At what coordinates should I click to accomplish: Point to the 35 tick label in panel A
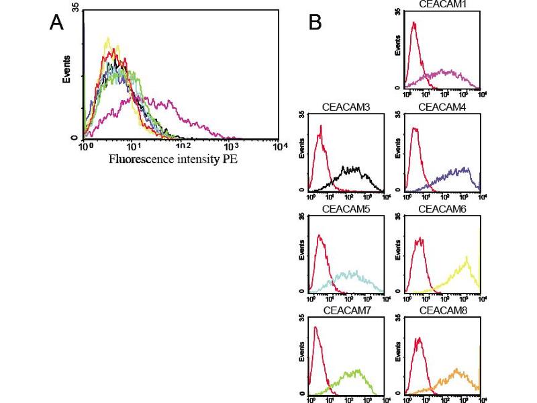(x=75, y=6)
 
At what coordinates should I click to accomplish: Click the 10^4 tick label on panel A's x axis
(x=280, y=146)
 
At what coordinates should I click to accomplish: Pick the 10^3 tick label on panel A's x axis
(x=231, y=146)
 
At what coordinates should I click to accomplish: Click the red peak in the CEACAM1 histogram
(x=415, y=24)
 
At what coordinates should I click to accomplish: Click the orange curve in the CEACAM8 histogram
(x=456, y=371)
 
